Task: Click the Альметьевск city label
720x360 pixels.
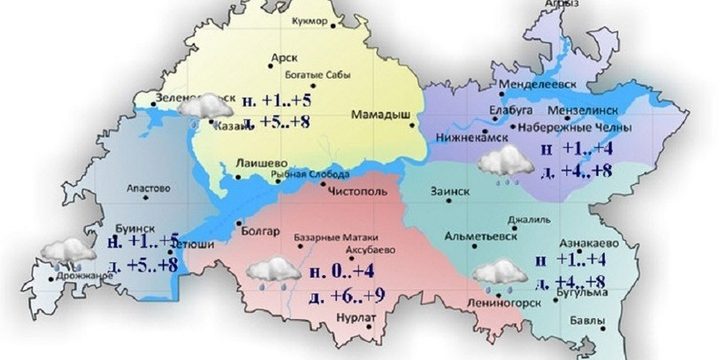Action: click(x=489, y=240)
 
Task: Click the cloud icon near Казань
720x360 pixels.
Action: click(x=207, y=107)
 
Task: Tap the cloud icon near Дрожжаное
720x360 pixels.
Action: click(x=63, y=252)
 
